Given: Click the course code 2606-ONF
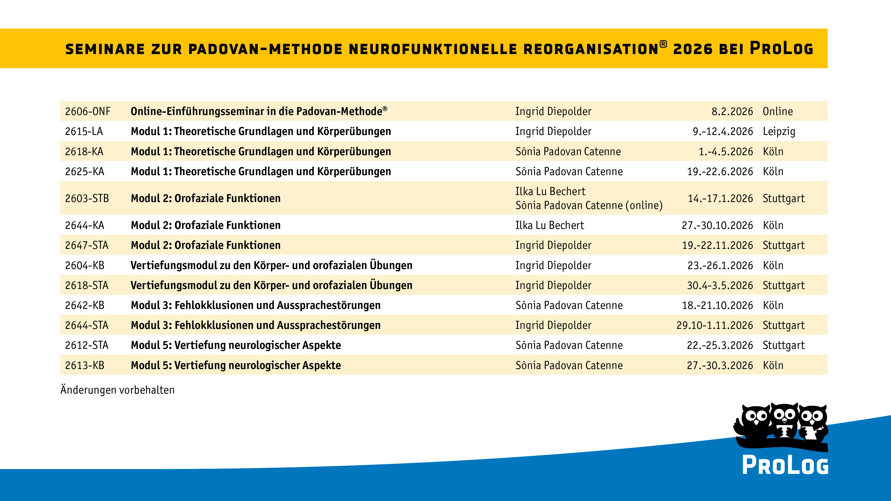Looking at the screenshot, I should (x=87, y=111).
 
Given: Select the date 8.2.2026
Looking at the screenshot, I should (x=732, y=111).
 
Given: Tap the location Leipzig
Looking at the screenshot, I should (x=779, y=131).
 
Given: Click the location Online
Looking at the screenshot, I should (x=778, y=111).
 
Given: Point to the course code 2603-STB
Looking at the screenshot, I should (x=87, y=199).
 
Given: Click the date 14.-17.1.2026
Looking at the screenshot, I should (x=720, y=199).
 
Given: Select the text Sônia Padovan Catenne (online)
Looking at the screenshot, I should (x=589, y=205).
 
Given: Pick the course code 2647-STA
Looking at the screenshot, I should (x=87, y=245).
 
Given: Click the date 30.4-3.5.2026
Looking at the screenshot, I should (x=720, y=286).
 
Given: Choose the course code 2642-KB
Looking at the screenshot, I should (x=84, y=305).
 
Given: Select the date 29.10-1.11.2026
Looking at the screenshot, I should (x=715, y=325).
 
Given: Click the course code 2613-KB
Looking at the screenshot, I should (x=84, y=366).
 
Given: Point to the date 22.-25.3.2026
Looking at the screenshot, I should (x=720, y=345).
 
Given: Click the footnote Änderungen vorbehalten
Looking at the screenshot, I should (x=117, y=390).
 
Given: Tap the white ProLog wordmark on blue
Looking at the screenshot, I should (x=785, y=465).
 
